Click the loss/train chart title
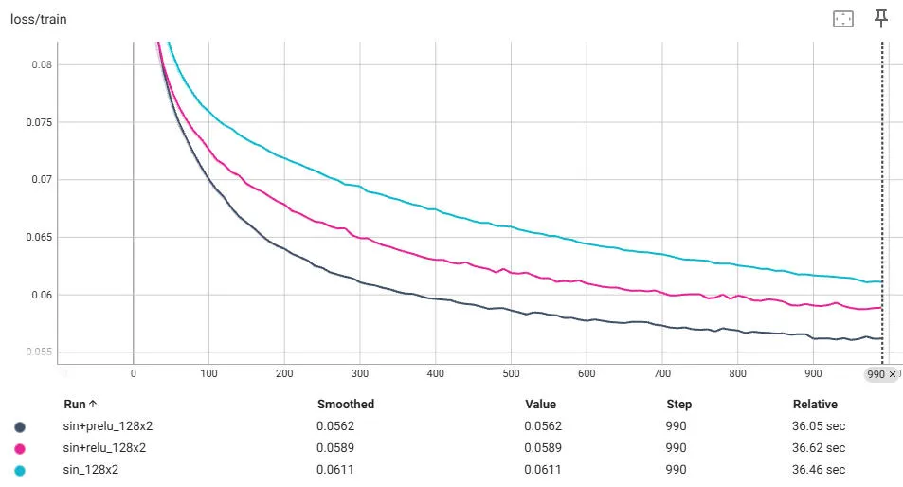coord(38,19)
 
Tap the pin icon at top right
coord(880,18)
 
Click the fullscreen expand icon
coord(842,19)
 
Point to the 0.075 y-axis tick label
coord(39,122)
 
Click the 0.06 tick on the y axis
coord(42,295)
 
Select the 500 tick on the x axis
coord(511,373)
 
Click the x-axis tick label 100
coord(208,373)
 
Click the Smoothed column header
coord(345,404)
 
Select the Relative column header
coord(815,404)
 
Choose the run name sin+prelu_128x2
coord(105,426)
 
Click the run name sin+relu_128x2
coord(103,448)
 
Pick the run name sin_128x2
coord(91,470)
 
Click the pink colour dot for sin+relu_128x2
coord(20,448)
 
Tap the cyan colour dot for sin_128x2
coord(20,470)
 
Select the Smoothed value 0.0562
coord(334,426)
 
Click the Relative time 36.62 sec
coord(819,448)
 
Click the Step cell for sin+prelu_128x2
coord(677,426)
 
